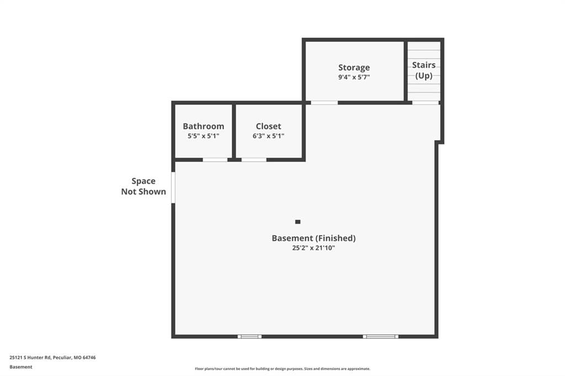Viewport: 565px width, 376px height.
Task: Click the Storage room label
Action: (354, 68)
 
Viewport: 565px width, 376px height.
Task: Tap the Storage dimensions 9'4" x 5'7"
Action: (354, 77)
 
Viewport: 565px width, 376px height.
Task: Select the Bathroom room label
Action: (203, 126)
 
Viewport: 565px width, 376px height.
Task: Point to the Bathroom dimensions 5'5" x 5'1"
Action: (203, 136)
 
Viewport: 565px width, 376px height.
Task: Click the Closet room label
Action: (269, 126)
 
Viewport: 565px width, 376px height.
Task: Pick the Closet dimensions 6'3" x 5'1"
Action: (269, 136)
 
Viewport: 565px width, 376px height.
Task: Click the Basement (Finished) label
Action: (313, 238)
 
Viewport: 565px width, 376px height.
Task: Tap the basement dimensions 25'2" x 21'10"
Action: (313, 248)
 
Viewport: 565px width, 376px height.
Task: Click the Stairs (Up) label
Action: (424, 70)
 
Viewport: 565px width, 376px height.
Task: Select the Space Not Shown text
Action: (143, 186)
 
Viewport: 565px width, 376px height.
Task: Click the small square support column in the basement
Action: (297, 222)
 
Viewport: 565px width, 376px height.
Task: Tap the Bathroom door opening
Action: (215, 159)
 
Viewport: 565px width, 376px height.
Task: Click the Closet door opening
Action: (254, 159)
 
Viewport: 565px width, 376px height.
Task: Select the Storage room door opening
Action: (324, 103)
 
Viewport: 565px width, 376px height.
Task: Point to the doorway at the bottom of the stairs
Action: (425, 103)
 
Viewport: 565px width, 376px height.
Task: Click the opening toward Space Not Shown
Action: (173, 187)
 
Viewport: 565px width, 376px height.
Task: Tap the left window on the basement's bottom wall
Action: (249, 336)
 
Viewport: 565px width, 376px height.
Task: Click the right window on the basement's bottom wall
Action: (381, 336)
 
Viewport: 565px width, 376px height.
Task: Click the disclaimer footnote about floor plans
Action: (282, 369)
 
